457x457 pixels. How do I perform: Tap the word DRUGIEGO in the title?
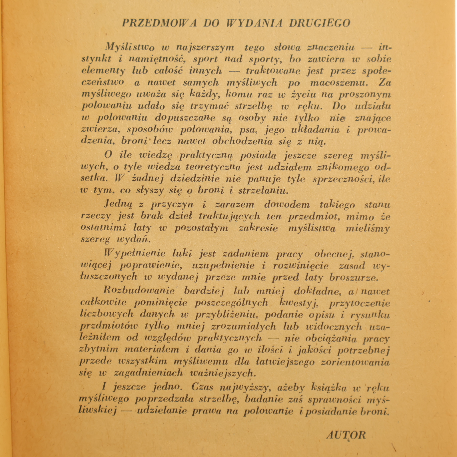tap(320, 23)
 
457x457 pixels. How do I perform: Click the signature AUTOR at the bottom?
tap(346, 435)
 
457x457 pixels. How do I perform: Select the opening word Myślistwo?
tap(130, 47)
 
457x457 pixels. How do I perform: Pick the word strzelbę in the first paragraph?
tap(253, 106)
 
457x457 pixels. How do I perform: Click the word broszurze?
tap(354, 277)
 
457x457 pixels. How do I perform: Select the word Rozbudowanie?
tap(139, 291)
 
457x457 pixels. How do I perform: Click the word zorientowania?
tap(355, 362)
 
